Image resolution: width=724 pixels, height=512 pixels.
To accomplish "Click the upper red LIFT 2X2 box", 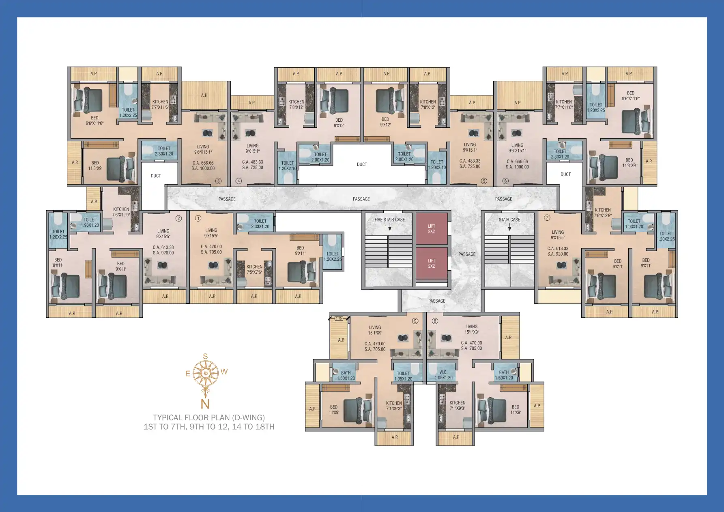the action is (431, 228).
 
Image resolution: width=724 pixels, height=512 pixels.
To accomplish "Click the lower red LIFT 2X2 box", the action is (431, 263).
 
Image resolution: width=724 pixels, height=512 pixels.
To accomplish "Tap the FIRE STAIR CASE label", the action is (389, 220).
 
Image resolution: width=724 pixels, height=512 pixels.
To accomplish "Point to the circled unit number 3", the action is (218, 181).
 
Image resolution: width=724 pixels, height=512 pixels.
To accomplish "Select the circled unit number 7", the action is (547, 218).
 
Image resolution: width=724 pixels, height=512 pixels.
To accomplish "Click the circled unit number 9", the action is (415, 321).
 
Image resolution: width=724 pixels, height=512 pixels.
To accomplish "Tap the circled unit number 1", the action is (198, 218).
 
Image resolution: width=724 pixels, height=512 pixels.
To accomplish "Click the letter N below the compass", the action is (205, 404).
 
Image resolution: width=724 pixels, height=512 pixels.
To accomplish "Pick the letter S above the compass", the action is (205, 357).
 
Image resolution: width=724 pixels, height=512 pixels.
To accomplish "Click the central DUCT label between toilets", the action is (362, 165).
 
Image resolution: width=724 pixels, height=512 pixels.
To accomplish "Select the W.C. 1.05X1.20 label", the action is (443, 375).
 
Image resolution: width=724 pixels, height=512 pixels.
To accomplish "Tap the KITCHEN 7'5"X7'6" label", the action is (254, 269).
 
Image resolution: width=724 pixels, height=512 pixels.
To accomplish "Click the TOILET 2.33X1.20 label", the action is (260, 224).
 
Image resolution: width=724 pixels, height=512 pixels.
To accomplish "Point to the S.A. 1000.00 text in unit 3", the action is (203, 168).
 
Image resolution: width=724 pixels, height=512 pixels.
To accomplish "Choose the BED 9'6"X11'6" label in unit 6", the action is (630, 96).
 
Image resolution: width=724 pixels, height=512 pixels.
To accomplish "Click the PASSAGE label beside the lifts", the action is (467, 254).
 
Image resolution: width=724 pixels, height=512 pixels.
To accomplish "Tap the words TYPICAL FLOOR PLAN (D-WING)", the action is (209, 417).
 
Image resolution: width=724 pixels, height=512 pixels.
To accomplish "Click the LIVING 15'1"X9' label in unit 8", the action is (471, 329).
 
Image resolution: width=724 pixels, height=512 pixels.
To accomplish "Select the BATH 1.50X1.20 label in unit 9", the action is (346, 375).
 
